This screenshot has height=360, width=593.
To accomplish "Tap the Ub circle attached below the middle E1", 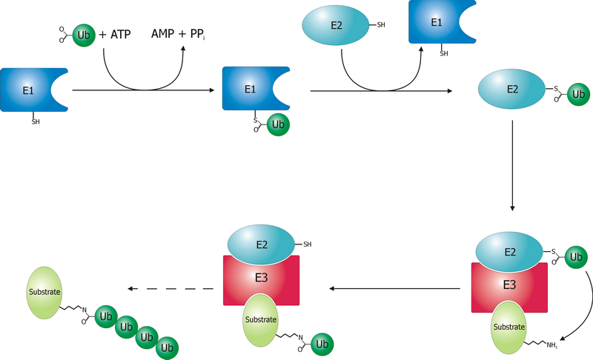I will click(277, 125).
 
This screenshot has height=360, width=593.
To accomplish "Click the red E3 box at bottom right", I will click(510, 284).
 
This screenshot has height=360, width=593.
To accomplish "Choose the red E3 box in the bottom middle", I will click(261, 280).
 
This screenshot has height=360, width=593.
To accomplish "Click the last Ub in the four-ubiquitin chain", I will click(167, 346).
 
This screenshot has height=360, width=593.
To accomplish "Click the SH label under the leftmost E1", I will click(35, 121).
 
